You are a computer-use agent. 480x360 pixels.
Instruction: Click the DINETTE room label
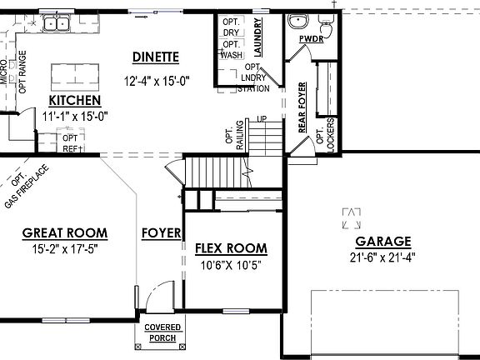[x=156, y=57]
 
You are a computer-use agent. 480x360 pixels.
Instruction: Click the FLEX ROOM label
[x=231, y=248]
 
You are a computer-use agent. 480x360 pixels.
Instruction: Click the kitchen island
[x=72, y=77]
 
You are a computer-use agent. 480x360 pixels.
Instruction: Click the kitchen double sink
[x=56, y=23]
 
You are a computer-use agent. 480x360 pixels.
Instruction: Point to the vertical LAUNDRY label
[x=259, y=36]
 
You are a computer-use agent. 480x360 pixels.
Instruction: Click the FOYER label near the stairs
[x=161, y=233]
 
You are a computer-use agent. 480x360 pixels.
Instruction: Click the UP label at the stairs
[x=261, y=120]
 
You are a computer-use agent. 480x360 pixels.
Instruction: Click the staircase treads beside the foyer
[x=220, y=173]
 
